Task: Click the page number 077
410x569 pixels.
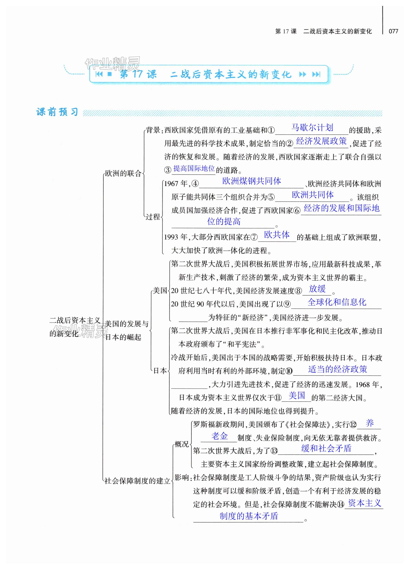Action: pyautogui.click(x=393, y=31)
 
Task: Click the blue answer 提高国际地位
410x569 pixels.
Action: pyautogui.click(x=194, y=168)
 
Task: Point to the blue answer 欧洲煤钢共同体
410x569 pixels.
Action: pyautogui.click(x=252, y=181)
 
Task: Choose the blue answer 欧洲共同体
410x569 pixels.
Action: pyautogui.click(x=313, y=195)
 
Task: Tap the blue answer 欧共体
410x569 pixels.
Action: pyautogui.click(x=277, y=235)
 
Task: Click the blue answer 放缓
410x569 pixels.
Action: pyautogui.click(x=317, y=289)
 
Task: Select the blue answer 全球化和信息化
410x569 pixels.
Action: pyautogui.click(x=337, y=302)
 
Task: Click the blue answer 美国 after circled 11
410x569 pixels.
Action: pyautogui.click(x=297, y=395)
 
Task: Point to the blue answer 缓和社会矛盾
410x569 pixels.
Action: pyautogui.click(x=326, y=448)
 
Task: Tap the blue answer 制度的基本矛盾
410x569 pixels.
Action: pyautogui.click(x=249, y=516)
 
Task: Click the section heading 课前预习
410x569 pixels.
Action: pyautogui.click(x=57, y=112)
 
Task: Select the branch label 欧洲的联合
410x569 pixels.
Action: pyautogui.click(x=123, y=173)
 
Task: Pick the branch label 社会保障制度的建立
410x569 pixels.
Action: pyautogui.click(x=137, y=481)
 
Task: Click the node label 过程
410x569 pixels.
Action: pyautogui.click(x=153, y=217)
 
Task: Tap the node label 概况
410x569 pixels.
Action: pyautogui.click(x=182, y=444)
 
